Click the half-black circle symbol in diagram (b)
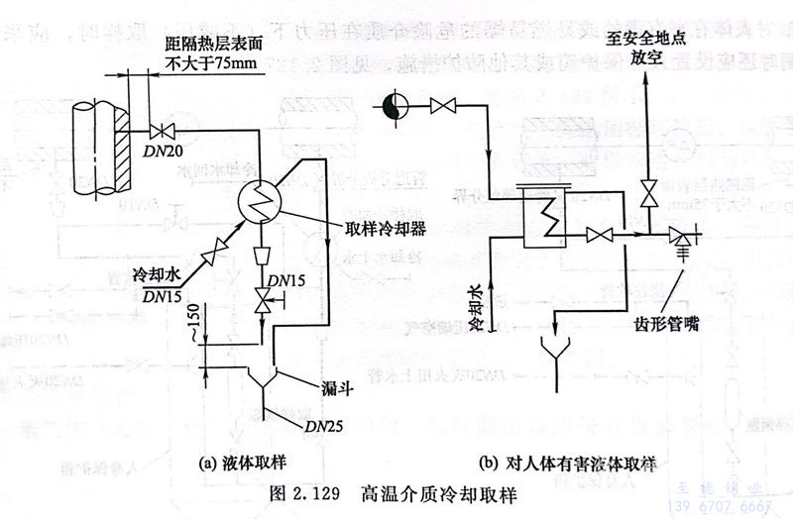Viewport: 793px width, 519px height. [396, 103]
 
